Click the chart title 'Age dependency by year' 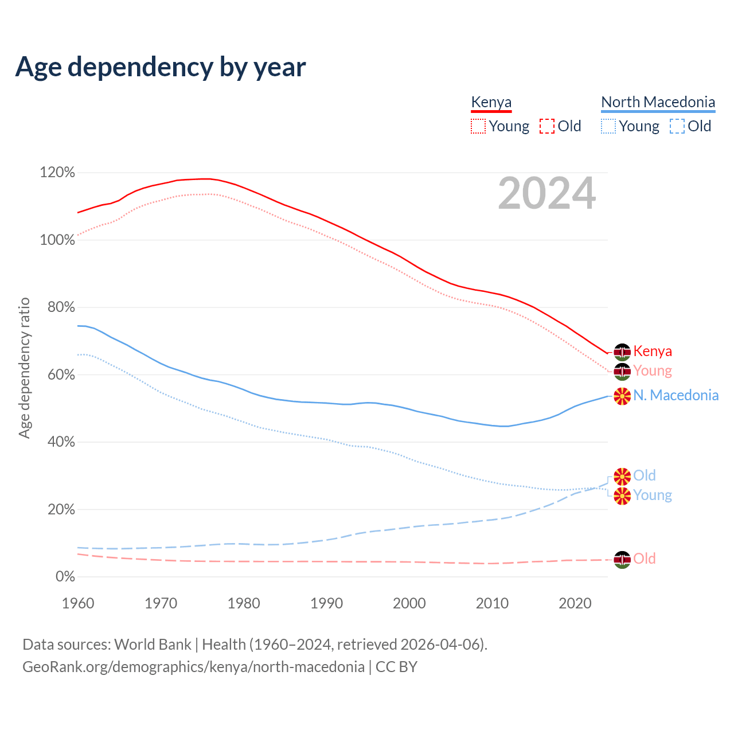(x=161, y=67)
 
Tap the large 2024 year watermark (x=546, y=193)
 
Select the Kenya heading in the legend (x=491, y=102)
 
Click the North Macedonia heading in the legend (x=658, y=102)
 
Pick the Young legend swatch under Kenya (x=478, y=126)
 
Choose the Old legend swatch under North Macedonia (x=677, y=126)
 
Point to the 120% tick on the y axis (x=57, y=173)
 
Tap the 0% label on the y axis (x=65, y=577)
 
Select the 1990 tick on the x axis (x=326, y=603)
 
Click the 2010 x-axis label (x=492, y=603)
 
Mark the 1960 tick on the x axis (x=78, y=603)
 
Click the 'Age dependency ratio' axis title (x=24, y=368)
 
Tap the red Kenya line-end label (x=653, y=351)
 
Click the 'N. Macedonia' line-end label (x=676, y=395)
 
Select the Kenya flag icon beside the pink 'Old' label (x=622, y=559)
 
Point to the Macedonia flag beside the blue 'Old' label (x=622, y=476)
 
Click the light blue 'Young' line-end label (x=653, y=495)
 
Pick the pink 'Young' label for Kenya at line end (x=653, y=371)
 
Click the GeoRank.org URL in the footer (x=194, y=667)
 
